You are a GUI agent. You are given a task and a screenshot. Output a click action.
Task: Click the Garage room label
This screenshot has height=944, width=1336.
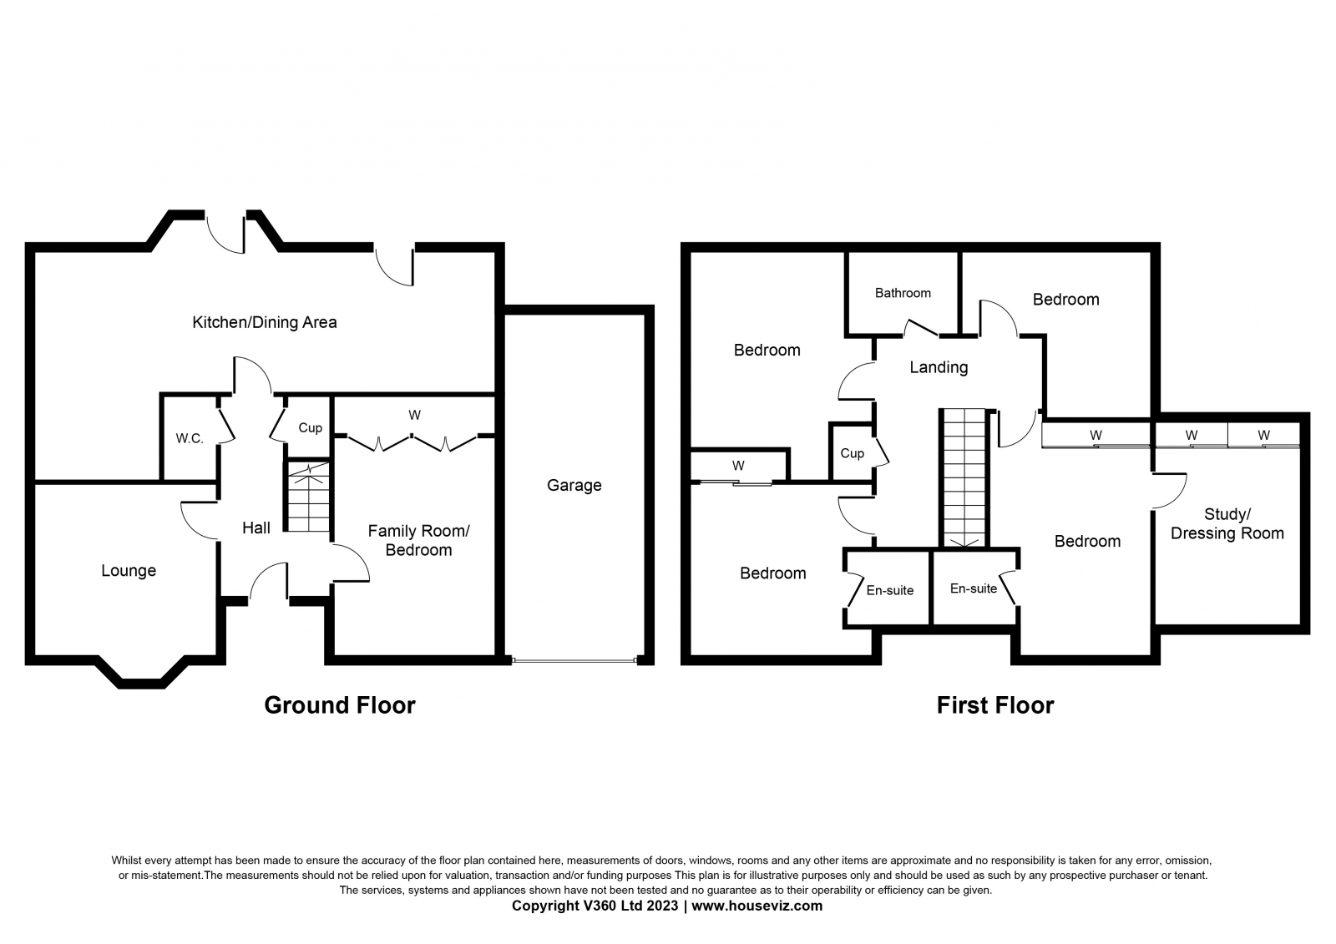click(x=574, y=486)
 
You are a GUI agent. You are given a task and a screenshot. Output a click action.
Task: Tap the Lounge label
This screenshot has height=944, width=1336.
click(x=129, y=571)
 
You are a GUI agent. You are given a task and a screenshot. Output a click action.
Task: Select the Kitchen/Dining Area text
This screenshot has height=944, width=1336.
click(x=264, y=323)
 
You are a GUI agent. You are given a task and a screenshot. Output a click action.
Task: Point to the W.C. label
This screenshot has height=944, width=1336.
click(x=190, y=439)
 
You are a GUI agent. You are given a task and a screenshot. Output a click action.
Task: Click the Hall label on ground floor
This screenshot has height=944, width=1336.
click(x=256, y=528)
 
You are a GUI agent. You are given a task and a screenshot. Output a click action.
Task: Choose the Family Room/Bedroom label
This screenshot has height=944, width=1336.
click(x=418, y=540)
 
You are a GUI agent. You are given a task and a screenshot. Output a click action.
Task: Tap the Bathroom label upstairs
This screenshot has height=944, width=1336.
click(x=903, y=293)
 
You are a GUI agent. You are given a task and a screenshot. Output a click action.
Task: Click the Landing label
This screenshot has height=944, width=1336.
click(x=939, y=367)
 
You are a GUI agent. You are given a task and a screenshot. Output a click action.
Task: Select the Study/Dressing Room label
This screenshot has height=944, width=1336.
click(x=1227, y=523)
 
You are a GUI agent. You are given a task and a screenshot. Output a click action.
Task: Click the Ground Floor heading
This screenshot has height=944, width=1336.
click(x=339, y=705)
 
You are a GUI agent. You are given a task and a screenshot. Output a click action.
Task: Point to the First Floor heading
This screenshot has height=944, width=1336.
click(x=995, y=705)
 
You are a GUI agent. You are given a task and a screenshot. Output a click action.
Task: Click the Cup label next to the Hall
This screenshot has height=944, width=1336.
click(x=310, y=428)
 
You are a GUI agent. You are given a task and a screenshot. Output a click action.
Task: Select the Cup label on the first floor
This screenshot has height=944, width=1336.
click(x=852, y=454)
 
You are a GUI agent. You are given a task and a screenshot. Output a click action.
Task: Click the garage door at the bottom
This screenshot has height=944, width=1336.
click(x=574, y=661)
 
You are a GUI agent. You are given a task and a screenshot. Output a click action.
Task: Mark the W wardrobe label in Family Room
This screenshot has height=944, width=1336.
click(x=414, y=416)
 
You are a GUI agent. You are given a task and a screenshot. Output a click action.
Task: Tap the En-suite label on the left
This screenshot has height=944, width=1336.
click(x=890, y=590)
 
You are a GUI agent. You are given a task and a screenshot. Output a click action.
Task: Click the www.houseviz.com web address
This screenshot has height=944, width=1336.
click(x=757, y=906)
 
